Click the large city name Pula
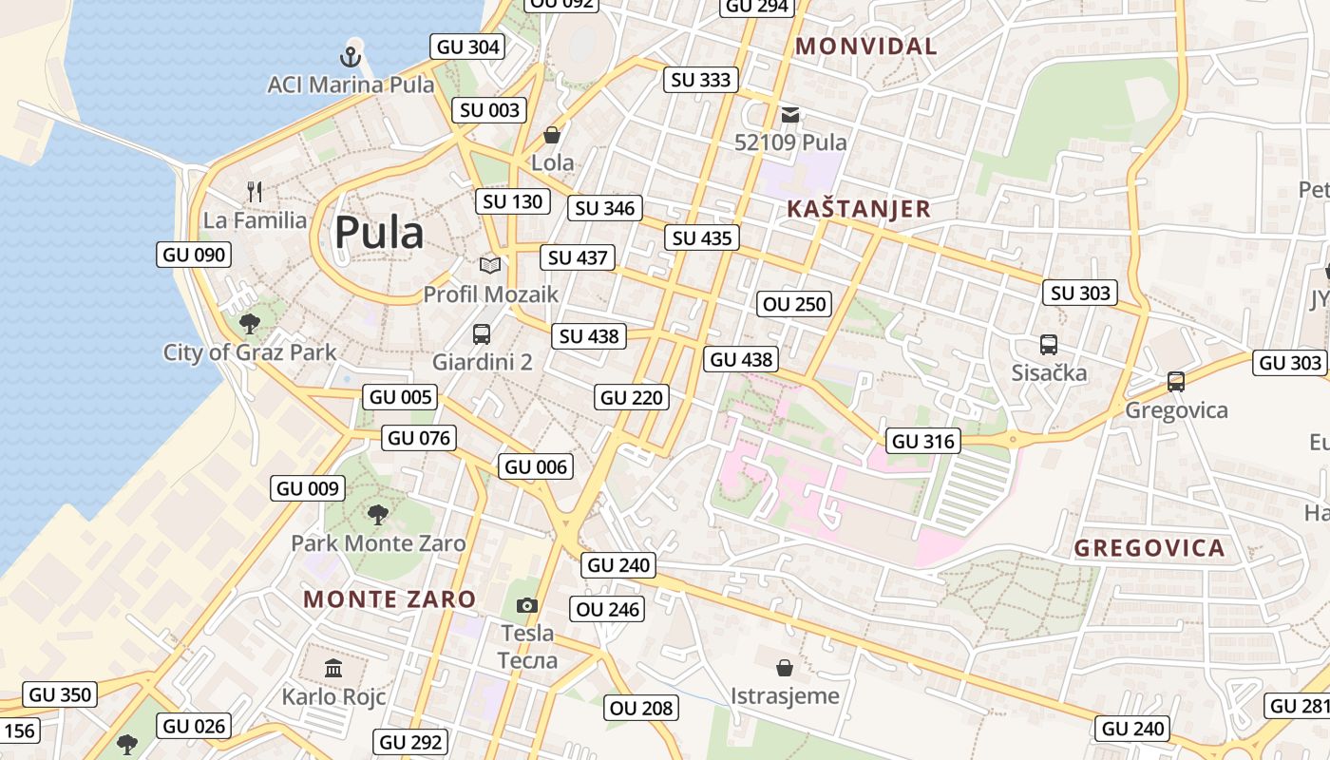(x=378, y=232)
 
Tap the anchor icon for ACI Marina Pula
(x=351, y=56)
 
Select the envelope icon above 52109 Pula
(x=790, y=115)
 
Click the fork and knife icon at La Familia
(x=254, y=192)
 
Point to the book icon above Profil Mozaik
(x=490, y=265)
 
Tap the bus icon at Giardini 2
(x=482, y=333)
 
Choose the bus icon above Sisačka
(x=1049, y=344)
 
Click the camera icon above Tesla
(x=527, y=605)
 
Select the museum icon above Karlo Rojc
(x=333, y=669)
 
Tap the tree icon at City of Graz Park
(x=250, y=324)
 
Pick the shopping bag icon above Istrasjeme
(x=785, y=667)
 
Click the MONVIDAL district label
(x=865, y=46)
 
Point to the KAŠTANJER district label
(x=859, y=209)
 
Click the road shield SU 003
(x=490, y=110)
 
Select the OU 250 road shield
(x=795, y=304)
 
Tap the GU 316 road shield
(x=923, y=441)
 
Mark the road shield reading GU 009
(x=308, y=488)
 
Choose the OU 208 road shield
(x=641, y=708)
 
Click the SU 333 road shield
(x=701, y=80)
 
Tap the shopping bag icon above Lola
(x=552, y=135)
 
